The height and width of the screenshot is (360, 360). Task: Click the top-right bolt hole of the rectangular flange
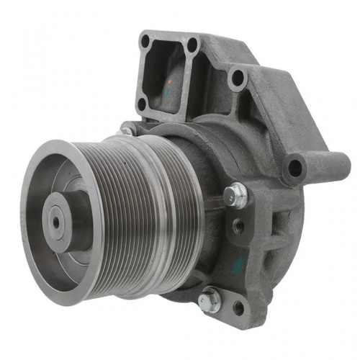192,45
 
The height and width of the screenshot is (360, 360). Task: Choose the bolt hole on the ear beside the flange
237,78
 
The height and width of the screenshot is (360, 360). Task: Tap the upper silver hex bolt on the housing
234,194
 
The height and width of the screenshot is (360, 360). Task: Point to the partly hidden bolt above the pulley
127,131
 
